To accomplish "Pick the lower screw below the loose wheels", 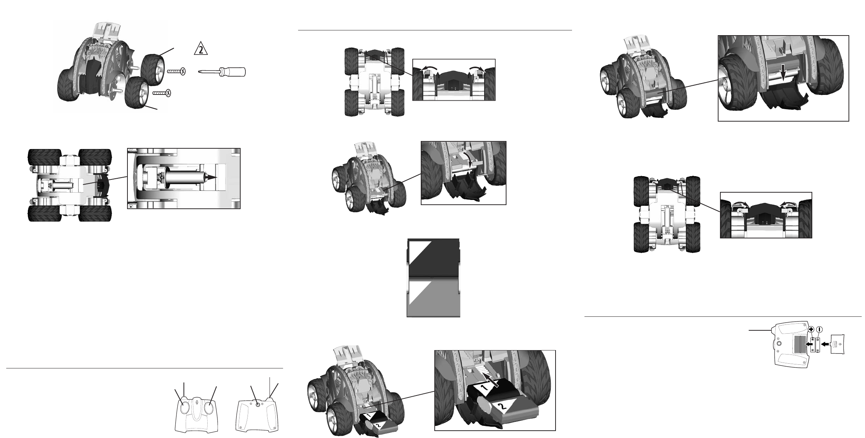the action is [x=162, y=93].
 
